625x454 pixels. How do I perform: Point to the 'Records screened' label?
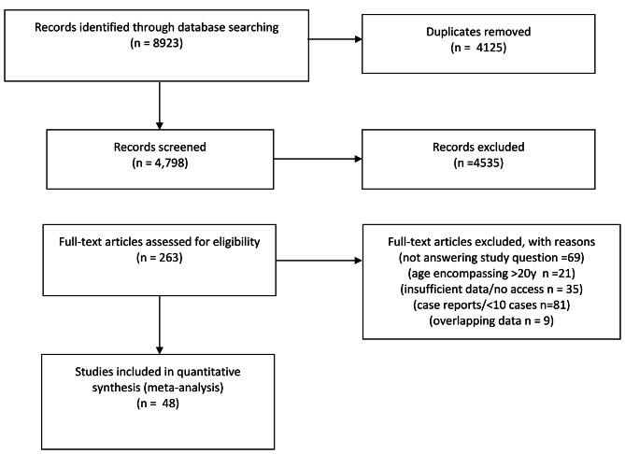(x=161, y=147)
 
